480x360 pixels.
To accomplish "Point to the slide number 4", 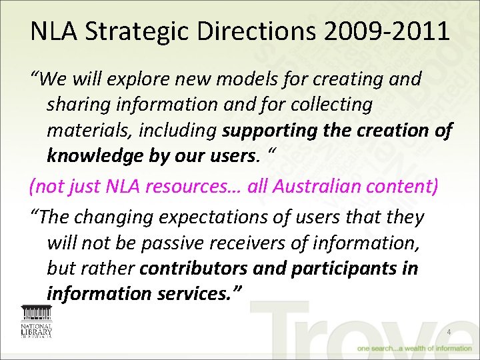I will (449, 333).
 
